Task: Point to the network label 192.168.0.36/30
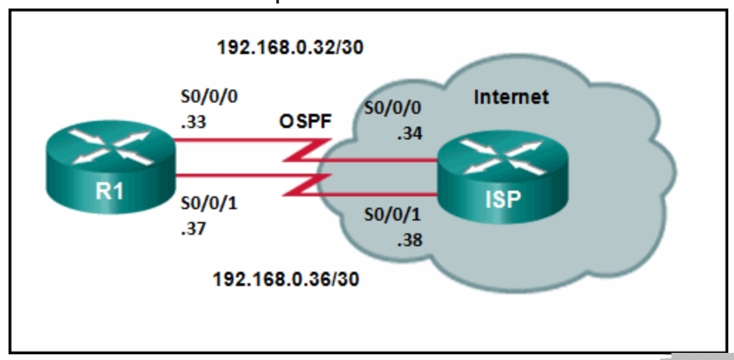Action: pos(287,278)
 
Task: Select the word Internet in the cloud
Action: pos(511,97)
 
